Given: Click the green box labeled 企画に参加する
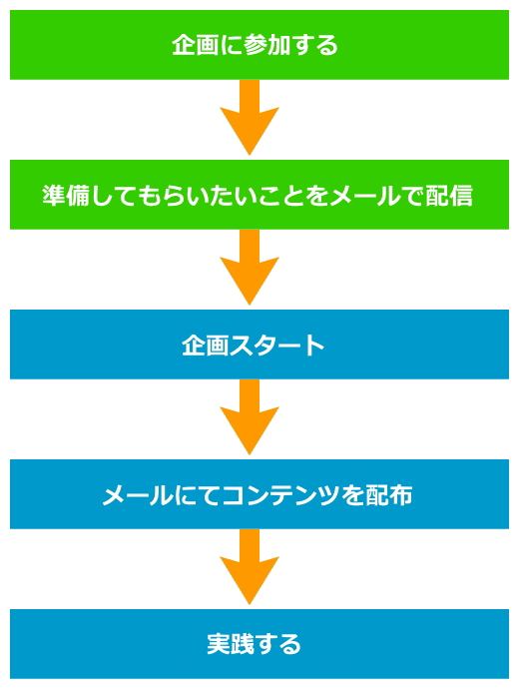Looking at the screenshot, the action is click(x=259, y=45).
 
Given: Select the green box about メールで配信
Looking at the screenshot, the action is click(x=259, y=195).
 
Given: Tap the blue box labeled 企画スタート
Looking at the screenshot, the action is click(x=259, y=345).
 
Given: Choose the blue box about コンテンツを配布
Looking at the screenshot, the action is click(x=259, y=494).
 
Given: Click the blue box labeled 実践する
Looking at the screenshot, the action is click(x=259, y=644).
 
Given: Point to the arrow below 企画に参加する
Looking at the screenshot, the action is click(x=250, y=118).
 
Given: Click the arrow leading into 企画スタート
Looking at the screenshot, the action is click(x=250, y=268).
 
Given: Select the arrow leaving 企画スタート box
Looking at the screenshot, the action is click(x=250, y=417).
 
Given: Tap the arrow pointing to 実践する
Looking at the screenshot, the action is click(x=250, y=567).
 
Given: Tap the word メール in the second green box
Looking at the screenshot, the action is click(x=365, y=196).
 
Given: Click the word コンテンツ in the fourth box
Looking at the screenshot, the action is click(x=279, y=495).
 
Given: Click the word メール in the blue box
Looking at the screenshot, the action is click(x=137, y=495).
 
